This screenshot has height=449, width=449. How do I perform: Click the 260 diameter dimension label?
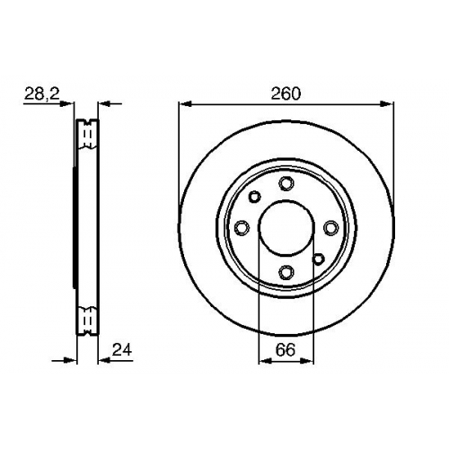point(286,93)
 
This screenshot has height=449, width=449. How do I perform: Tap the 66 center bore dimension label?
point(286,349)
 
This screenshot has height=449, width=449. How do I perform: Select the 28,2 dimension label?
point(42,93)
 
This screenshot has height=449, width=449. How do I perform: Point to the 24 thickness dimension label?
point(122,349)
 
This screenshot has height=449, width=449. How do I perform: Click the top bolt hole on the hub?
point(286,183)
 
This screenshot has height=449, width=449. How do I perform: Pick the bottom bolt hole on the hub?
point(286,272)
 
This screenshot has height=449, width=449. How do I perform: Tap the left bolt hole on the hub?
point(242,228)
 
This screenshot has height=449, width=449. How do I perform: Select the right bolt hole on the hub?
point(330,228)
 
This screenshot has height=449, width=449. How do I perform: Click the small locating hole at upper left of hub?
point(255,197)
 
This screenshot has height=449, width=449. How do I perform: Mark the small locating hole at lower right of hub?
point(318,259)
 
